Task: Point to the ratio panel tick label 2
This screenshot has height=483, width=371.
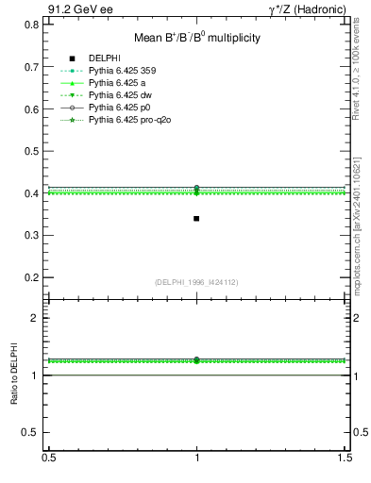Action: (x=35, y=318)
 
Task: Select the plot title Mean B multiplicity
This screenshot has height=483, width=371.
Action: (x=195, y=38)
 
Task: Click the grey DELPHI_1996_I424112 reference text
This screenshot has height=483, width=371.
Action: (x=195, y=282)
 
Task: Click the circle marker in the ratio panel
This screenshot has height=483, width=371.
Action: (x=196, y=359)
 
